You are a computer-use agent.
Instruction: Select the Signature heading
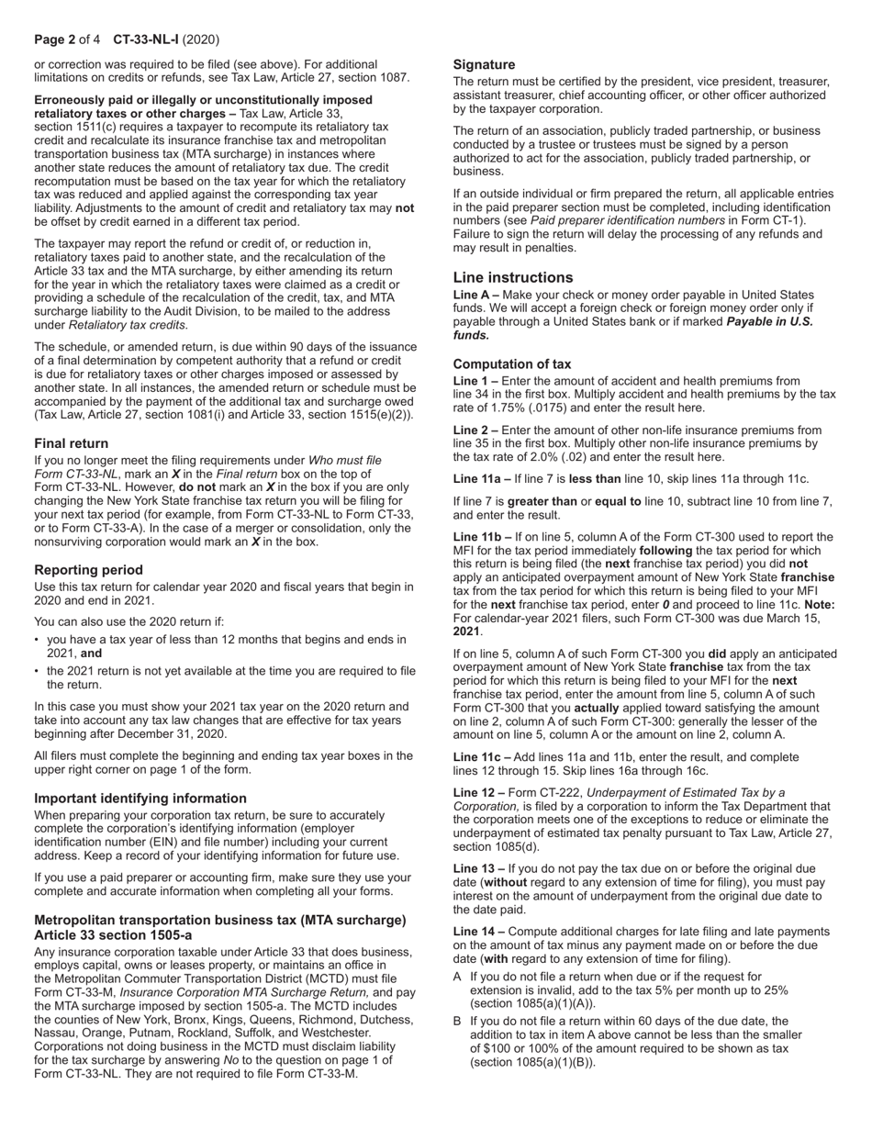click(484, 65)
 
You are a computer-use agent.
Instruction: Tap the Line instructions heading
click(512, 277)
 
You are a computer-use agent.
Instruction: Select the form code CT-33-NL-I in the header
click(146, 39)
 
